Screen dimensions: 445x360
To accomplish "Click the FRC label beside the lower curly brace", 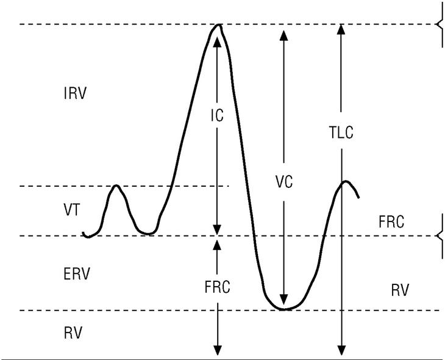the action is click(x=391, y=222).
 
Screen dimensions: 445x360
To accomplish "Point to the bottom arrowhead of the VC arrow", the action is click(x=283, y=304).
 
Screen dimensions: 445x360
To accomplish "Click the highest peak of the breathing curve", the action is click(x=217, y=26).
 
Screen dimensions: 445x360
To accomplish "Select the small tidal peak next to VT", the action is click(x=116, y=186).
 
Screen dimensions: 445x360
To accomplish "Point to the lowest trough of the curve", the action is click(x=283, y=309).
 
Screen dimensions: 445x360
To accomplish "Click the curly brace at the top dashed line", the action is click(x=438, y=24).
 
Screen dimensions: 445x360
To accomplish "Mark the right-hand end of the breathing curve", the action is click(x=358, y=197).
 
